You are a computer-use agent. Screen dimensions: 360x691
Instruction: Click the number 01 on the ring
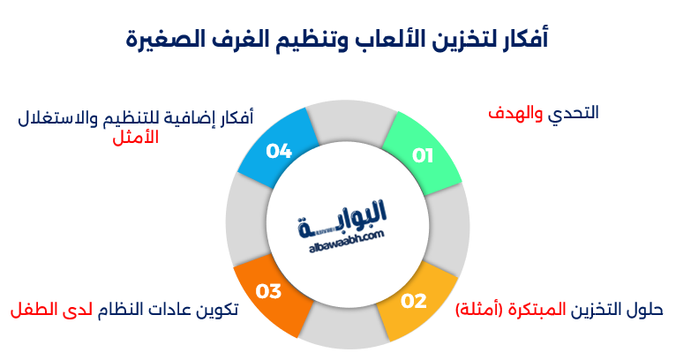(x=424, y=155)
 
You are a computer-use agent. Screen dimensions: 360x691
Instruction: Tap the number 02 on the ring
(x=414, y=301)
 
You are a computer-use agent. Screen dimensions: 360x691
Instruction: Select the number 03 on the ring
(x=268, y=289)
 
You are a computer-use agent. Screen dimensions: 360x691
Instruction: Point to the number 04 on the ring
(x=279, y=152)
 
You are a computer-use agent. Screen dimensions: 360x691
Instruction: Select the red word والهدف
(x=517, y=113)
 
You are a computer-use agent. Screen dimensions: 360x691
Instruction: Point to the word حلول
(x=645, y=310)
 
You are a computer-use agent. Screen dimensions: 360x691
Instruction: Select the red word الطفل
(x=34, y=310)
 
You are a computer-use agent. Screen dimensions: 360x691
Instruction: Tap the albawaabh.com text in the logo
(x=348, y=238)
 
